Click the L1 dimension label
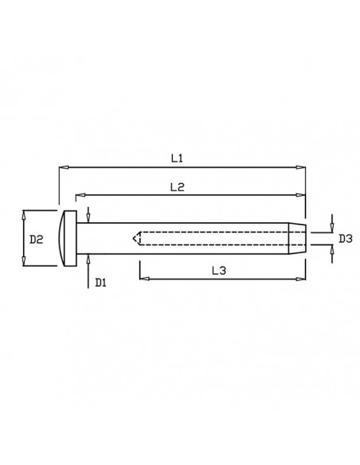(x=178, y=159)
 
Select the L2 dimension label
(x=178, y=187)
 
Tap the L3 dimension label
(x=219, y=271)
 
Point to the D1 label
(x=100, y=281)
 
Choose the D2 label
(x=36, y=238)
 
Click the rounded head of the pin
(x=66, y=238)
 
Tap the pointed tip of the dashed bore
(x=135, y=238)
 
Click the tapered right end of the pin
(x=295, y=238)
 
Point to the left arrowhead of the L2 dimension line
(x=78, y=194)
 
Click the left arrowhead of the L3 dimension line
(x=143, y=278)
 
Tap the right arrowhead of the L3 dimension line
(x=303, y=278)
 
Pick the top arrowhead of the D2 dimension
(x=25, y=213)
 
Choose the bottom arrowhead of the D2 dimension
(x=25, y=264)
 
